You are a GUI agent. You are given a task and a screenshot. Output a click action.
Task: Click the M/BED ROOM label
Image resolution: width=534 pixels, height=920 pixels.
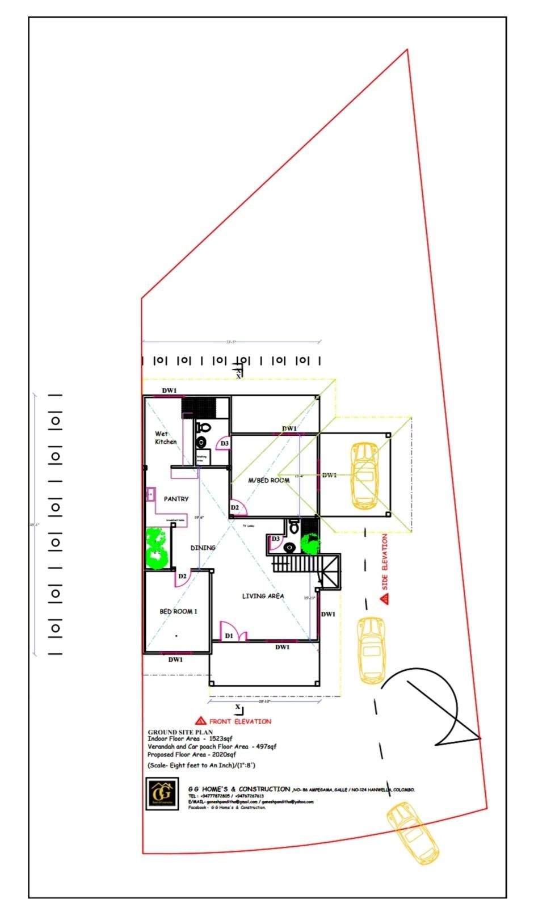(268, 480)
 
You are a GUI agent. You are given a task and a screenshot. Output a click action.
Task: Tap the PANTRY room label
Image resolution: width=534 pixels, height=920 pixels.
(176, 499)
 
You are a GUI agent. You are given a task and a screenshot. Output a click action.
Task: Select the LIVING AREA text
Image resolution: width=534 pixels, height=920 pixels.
(263, 596)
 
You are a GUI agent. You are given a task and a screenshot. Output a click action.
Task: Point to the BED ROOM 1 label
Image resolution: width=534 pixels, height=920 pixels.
(178, 611)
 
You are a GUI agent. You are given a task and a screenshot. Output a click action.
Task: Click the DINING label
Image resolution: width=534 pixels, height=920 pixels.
(203, 548)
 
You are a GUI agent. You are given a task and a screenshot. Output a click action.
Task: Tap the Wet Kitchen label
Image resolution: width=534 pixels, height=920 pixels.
(165, 438)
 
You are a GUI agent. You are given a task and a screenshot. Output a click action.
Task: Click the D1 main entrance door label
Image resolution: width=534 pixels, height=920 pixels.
(229, 636)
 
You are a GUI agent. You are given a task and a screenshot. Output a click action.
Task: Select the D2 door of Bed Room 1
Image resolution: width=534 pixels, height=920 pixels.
(182, 576)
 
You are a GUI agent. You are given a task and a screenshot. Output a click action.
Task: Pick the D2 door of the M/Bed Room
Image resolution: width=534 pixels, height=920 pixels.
(235, 507)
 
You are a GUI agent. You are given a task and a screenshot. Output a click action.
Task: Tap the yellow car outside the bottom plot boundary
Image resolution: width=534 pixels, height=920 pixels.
(413, 833)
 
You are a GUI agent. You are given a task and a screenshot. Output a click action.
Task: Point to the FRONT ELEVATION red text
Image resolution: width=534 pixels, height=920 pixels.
(240, 721)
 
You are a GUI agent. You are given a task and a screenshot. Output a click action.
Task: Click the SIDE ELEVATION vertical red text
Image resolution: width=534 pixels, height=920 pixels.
(385, 562)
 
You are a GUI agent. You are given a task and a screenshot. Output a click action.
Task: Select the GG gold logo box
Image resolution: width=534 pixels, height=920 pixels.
(162, 793)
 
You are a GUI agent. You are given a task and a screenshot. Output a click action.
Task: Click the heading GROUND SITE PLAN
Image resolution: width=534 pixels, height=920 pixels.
(180, 732)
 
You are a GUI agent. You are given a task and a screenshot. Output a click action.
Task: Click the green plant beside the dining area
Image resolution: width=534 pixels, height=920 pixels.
(155, 549)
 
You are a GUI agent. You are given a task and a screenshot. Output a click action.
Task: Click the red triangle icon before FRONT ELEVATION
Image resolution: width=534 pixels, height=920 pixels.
(200, 721)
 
